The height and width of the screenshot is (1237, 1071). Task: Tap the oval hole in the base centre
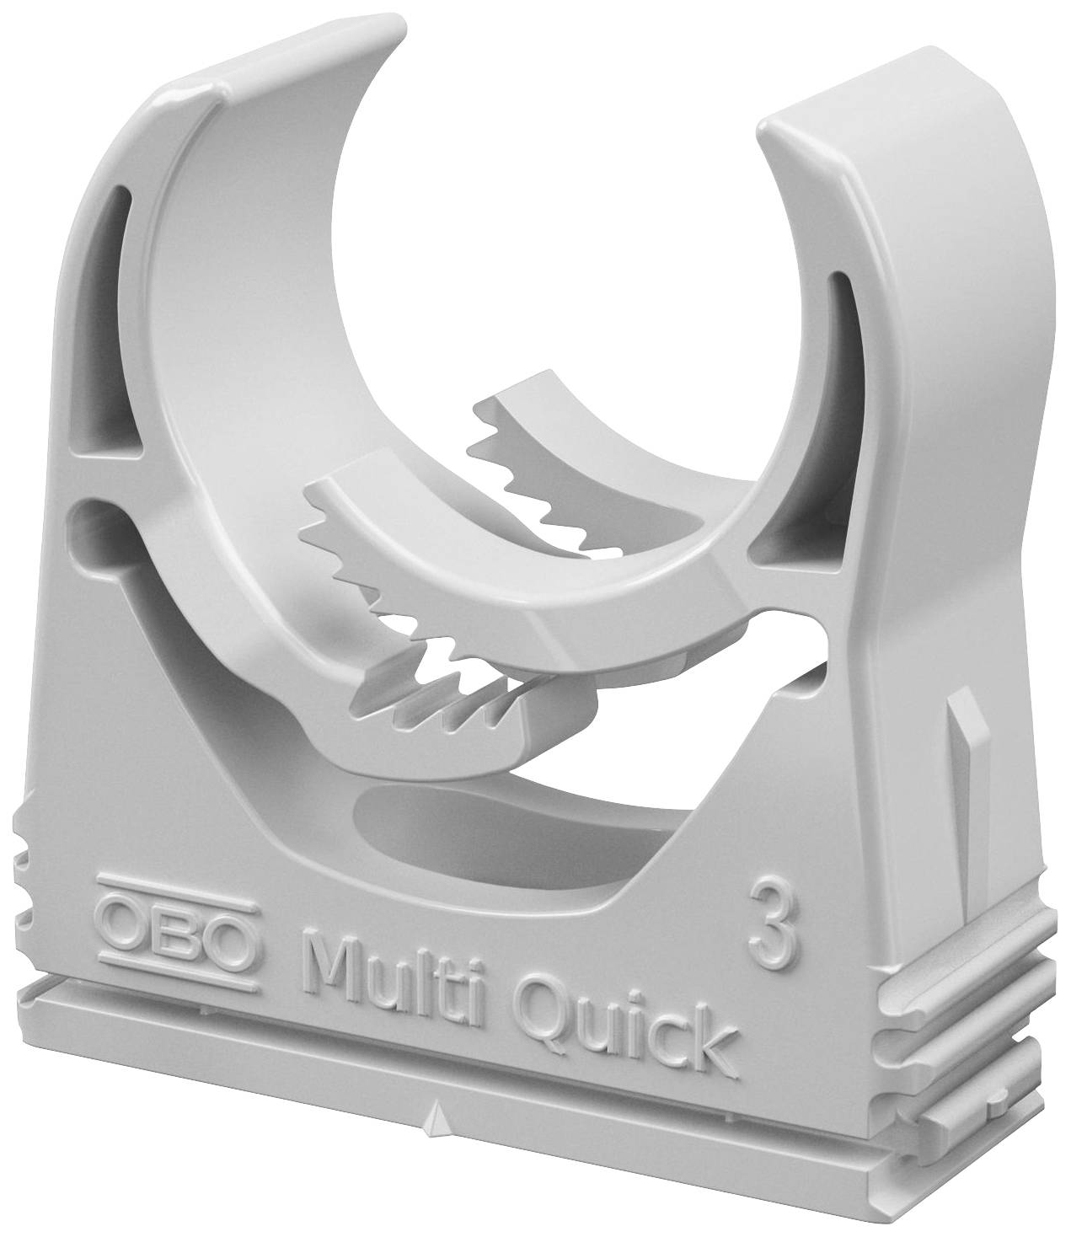472,834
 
